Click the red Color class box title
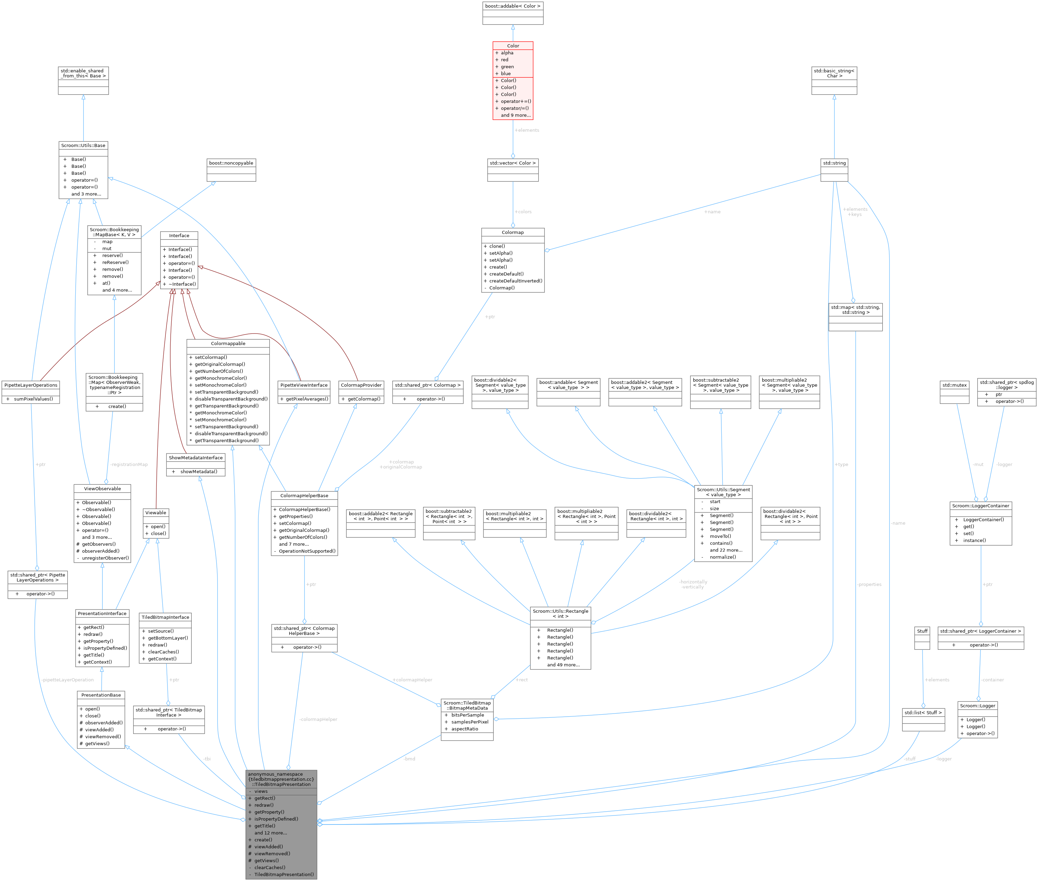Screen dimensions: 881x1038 click(513, 45)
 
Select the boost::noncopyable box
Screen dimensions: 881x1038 click(231, 163)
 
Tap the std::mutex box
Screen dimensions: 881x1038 click(954, 385)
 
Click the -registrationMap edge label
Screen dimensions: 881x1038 click(129, 465)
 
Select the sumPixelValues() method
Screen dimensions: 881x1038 click(34, 399)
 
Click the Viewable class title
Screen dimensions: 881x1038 click(155, 513)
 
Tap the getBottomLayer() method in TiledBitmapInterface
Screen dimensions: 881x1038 click(168, 638)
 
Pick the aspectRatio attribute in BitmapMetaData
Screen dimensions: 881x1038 click(465, 729)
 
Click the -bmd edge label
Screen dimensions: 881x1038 click(409, 759)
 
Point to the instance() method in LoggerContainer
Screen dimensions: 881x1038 click(974, 541)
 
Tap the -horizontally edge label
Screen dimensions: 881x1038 click(693, 582)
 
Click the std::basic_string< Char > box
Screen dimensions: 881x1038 click(834, 74)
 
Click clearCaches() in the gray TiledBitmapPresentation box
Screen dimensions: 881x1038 click(270, 867)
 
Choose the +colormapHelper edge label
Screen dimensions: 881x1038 click(412, 680)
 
